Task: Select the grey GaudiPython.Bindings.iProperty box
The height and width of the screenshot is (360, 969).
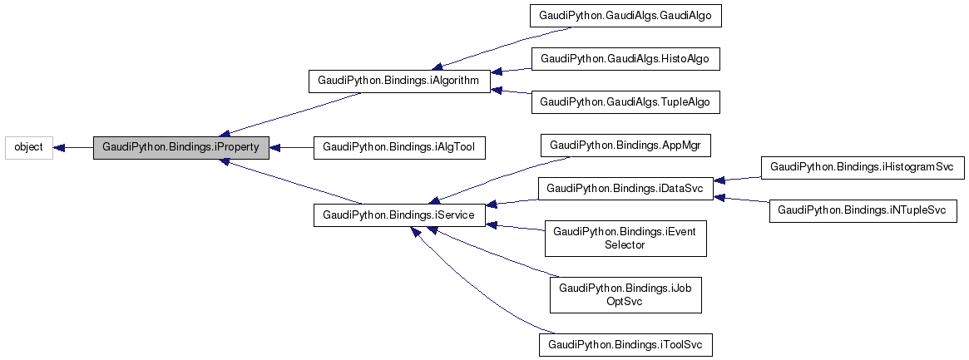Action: click(181, 147)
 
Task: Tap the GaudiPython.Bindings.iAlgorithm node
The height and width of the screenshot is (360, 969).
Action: click(398, 81)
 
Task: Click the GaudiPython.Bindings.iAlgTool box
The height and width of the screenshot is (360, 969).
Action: click(398, 147)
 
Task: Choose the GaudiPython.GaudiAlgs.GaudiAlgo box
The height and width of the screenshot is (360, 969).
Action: click(625, 16)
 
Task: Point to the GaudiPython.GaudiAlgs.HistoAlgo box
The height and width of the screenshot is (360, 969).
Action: click(625, 59)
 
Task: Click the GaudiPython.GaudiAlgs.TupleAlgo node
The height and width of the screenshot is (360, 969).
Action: click(625, 102)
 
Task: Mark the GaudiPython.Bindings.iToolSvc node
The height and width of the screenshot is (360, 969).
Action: click(625, 343)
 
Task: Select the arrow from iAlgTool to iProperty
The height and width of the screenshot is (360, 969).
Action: click(291, 147)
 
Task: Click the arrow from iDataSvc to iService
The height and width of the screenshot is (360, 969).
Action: click(512, 202)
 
